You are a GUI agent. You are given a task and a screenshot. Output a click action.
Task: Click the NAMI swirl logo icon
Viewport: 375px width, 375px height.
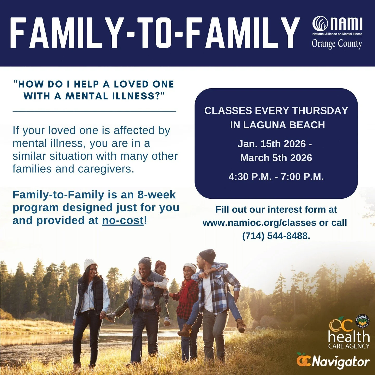tap(320, 24)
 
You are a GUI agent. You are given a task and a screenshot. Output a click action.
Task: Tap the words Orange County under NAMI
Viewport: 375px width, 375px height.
tap(337, 44)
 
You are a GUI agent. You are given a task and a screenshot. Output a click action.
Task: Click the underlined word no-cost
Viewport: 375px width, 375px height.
tap(123, 221)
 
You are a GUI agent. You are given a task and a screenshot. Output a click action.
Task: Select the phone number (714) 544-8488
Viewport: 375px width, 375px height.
tap(276, 236)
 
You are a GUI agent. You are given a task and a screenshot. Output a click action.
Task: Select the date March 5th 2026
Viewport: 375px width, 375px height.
tap(276, 158)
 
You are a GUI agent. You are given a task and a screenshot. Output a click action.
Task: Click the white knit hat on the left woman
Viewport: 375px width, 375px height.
tap(90, 264)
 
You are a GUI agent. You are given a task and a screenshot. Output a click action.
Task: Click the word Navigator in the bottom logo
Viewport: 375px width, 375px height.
tap(341, 362)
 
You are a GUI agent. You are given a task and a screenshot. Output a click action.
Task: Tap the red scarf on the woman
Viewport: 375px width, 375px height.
tap(185, 291)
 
